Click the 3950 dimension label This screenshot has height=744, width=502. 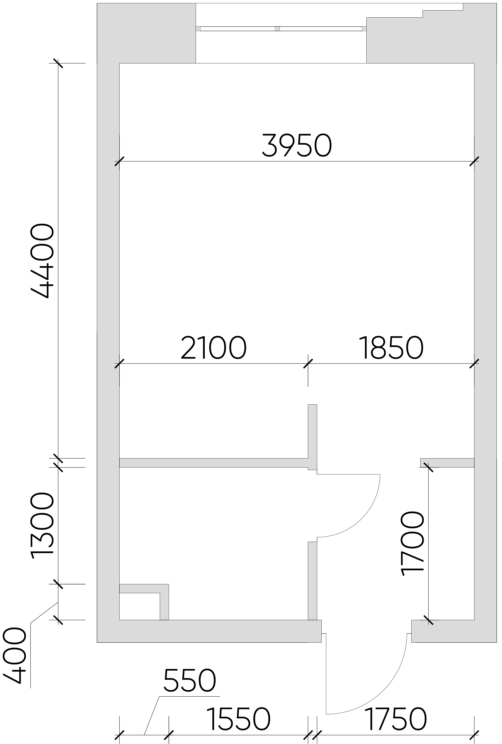[x=297, y=146]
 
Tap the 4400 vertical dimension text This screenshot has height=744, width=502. [x=42, y=261]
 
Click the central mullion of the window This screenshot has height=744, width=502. [x=277, y=29]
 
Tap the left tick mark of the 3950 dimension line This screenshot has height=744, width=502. [x=119, y=161]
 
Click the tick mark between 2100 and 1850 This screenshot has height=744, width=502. [x=308, y=364]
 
